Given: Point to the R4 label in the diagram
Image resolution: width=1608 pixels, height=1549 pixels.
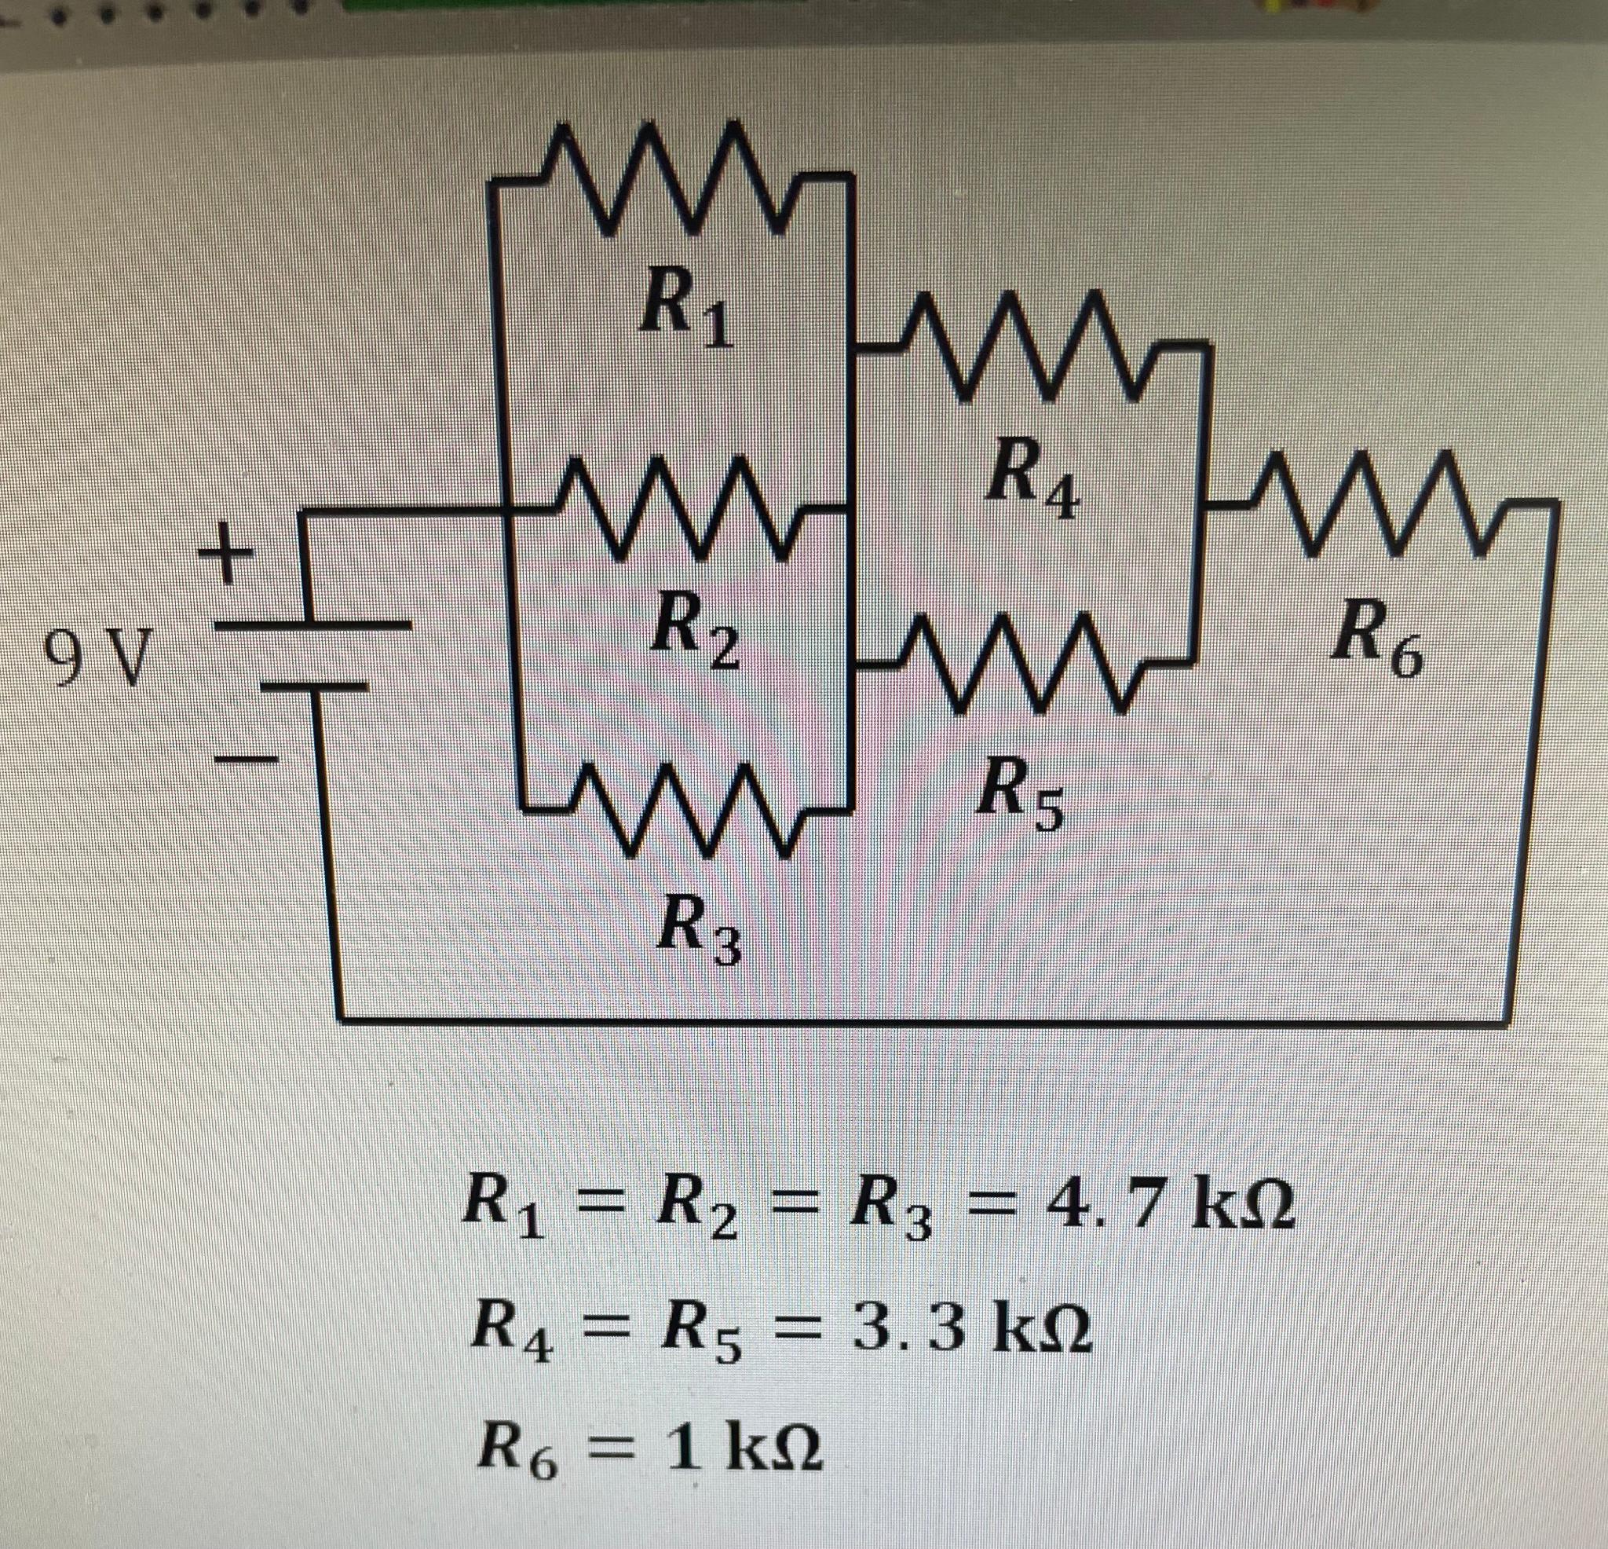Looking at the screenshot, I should click(x=1033, y=489).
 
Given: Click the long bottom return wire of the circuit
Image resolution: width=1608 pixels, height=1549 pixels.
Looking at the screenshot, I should click(x=902, y=1020).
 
